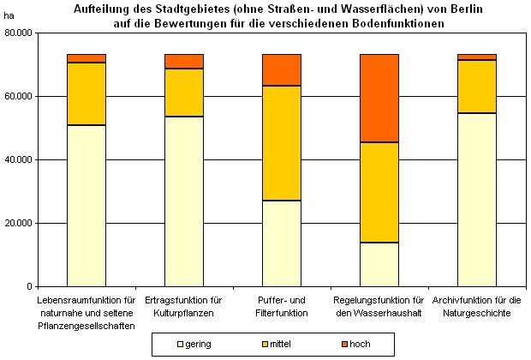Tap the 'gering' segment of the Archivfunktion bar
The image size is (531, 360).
click(477, 200)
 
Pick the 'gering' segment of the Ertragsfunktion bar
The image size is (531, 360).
click(184, 201)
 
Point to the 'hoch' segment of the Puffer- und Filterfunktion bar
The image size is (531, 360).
click(282, 69)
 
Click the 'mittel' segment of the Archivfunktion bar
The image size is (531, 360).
click(477, 87)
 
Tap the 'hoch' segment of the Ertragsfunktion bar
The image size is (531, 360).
click(184, 61)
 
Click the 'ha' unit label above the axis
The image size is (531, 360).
click(9, 17)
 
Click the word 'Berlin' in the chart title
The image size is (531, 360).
click(430, 9)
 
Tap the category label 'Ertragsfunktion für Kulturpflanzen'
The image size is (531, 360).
click(184, 307)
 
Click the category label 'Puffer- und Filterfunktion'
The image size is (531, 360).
click(282, 307)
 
